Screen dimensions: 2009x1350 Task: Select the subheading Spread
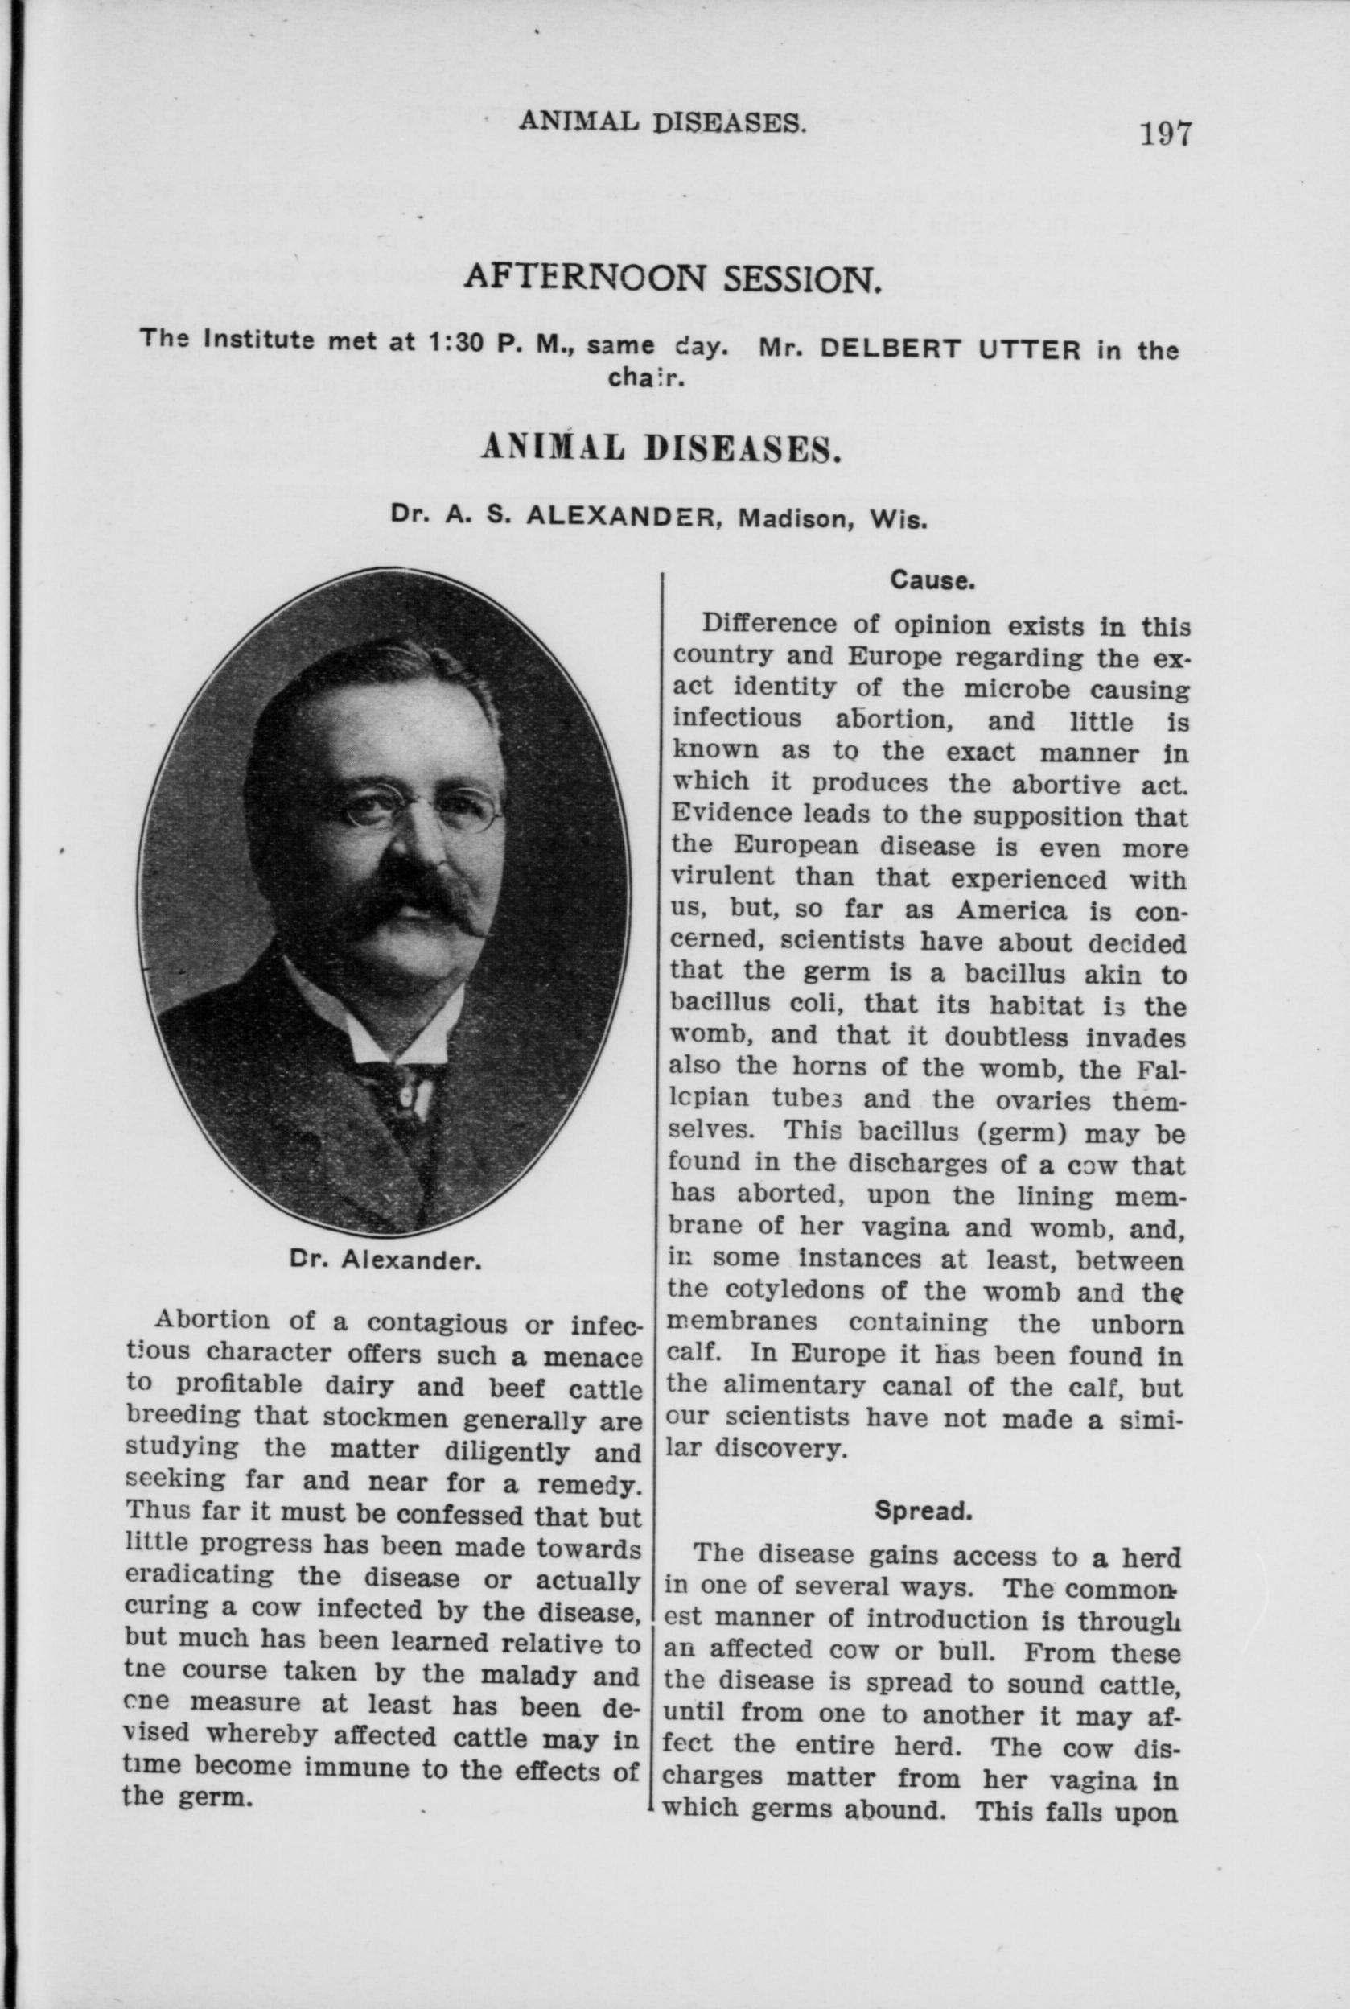click(923, 1512)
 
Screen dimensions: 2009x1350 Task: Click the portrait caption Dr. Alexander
click(383, 1261)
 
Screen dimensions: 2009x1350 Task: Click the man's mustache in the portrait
click(415, 901)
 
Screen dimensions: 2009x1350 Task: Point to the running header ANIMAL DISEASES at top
click(662, 124)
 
